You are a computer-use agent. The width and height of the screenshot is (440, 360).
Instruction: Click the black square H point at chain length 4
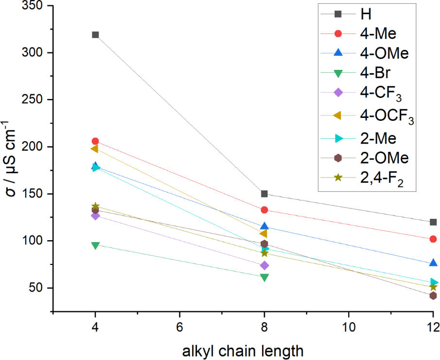pos(95,35)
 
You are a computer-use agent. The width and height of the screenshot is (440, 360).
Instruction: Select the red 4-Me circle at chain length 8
pos(264,210)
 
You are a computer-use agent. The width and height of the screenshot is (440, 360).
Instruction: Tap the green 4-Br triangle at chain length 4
pos(95,245)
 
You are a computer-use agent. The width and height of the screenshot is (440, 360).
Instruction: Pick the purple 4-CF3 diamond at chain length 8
pos(264,265)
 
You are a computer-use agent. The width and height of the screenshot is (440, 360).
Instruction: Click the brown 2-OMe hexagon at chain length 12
pos(433,295)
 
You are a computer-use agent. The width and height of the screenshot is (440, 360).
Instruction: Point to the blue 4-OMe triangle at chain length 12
pos(433,263)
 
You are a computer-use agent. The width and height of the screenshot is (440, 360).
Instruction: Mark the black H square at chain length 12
pos(433,222)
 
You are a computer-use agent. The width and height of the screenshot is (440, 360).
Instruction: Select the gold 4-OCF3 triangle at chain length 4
pos(95,149)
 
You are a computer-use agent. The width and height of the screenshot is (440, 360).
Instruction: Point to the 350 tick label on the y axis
pos(31,6)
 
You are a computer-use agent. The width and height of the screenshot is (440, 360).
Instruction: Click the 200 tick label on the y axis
pos(31,147)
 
